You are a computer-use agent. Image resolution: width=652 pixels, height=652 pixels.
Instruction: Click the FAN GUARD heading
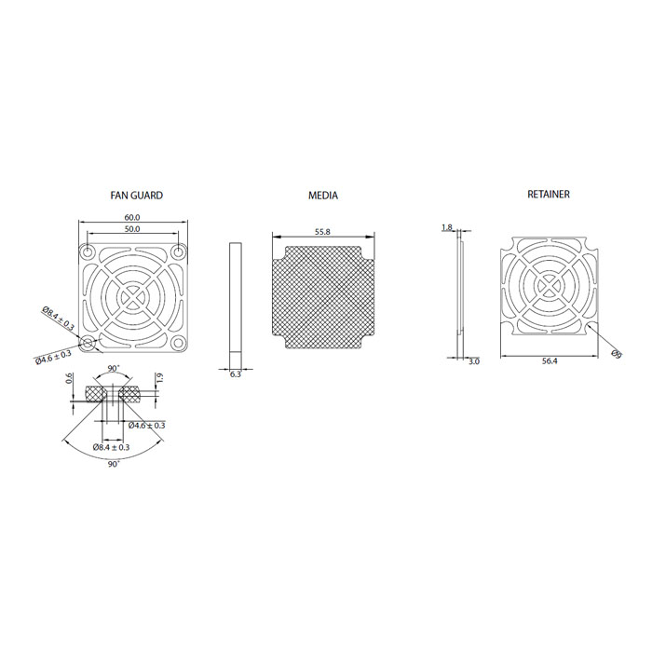(x=136, y=196)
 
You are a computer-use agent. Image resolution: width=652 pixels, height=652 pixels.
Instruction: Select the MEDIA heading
(x=323, y=196)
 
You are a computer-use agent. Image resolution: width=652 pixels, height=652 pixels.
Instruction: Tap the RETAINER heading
(x=549, y=194)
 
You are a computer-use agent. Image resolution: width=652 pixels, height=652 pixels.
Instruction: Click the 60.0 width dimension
(x=132, y=217)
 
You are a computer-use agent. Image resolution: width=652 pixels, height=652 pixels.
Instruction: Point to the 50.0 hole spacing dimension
(x=132, y=229)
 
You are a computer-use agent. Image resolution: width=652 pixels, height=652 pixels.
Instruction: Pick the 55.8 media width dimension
(x=322, y=232)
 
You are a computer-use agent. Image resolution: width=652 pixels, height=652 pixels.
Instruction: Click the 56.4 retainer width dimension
(x=550, y=361)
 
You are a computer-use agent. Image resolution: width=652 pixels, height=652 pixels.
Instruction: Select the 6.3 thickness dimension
(x=236, y=374)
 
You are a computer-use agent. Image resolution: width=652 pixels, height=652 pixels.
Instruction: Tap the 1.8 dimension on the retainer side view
(x=446, y=227)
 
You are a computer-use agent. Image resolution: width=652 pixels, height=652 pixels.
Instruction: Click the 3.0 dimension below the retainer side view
(x=474, y=361)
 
